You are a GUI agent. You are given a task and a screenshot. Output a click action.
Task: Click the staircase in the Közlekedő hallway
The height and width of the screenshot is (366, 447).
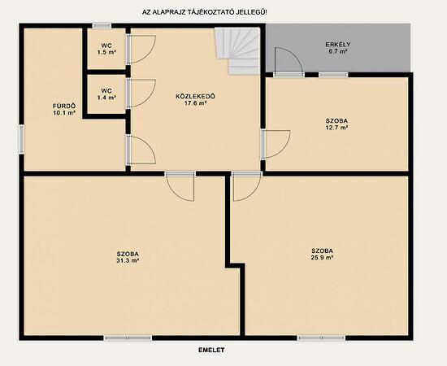[237, 50]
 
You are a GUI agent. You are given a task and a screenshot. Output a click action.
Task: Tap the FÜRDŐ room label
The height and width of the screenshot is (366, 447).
[64, 106]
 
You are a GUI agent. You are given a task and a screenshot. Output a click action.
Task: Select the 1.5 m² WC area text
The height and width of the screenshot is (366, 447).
[106, 52]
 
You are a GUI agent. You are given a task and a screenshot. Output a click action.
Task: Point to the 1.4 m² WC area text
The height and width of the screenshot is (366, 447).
[106, 98]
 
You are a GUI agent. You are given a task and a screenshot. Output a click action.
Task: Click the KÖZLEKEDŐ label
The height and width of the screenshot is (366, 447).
[196, 96]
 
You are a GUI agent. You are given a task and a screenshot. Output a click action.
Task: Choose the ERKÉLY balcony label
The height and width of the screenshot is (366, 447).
[338, 45]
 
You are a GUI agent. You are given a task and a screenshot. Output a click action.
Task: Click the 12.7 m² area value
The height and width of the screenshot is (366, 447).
[336, 128]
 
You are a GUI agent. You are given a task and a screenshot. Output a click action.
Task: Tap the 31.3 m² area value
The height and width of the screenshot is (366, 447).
[128, 260]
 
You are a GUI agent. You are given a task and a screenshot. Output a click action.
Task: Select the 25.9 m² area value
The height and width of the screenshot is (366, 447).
[323, 257]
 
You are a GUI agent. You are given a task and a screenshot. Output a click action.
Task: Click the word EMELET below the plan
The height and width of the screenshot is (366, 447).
[211, 350]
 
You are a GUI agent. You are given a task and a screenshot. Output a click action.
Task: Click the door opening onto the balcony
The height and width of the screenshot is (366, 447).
[289, 62]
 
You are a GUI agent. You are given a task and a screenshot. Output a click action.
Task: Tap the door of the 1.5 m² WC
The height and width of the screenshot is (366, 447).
[141, 49]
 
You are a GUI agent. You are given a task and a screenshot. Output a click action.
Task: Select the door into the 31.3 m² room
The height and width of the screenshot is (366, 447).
[180, 186]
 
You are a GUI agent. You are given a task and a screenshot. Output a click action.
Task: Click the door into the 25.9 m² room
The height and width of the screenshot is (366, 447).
[247, 186]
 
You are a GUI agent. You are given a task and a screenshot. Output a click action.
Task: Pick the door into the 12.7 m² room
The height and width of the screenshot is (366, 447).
[276, 144]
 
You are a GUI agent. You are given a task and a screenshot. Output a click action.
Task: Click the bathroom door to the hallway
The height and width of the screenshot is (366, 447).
[141, 150]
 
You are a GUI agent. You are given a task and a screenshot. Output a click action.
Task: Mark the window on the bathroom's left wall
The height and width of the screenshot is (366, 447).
[22, 140]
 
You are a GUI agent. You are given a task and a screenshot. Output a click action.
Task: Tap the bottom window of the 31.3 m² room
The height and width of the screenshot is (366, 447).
[128, 338]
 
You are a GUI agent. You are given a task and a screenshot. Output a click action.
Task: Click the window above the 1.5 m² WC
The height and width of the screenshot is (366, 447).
[102, 26]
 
